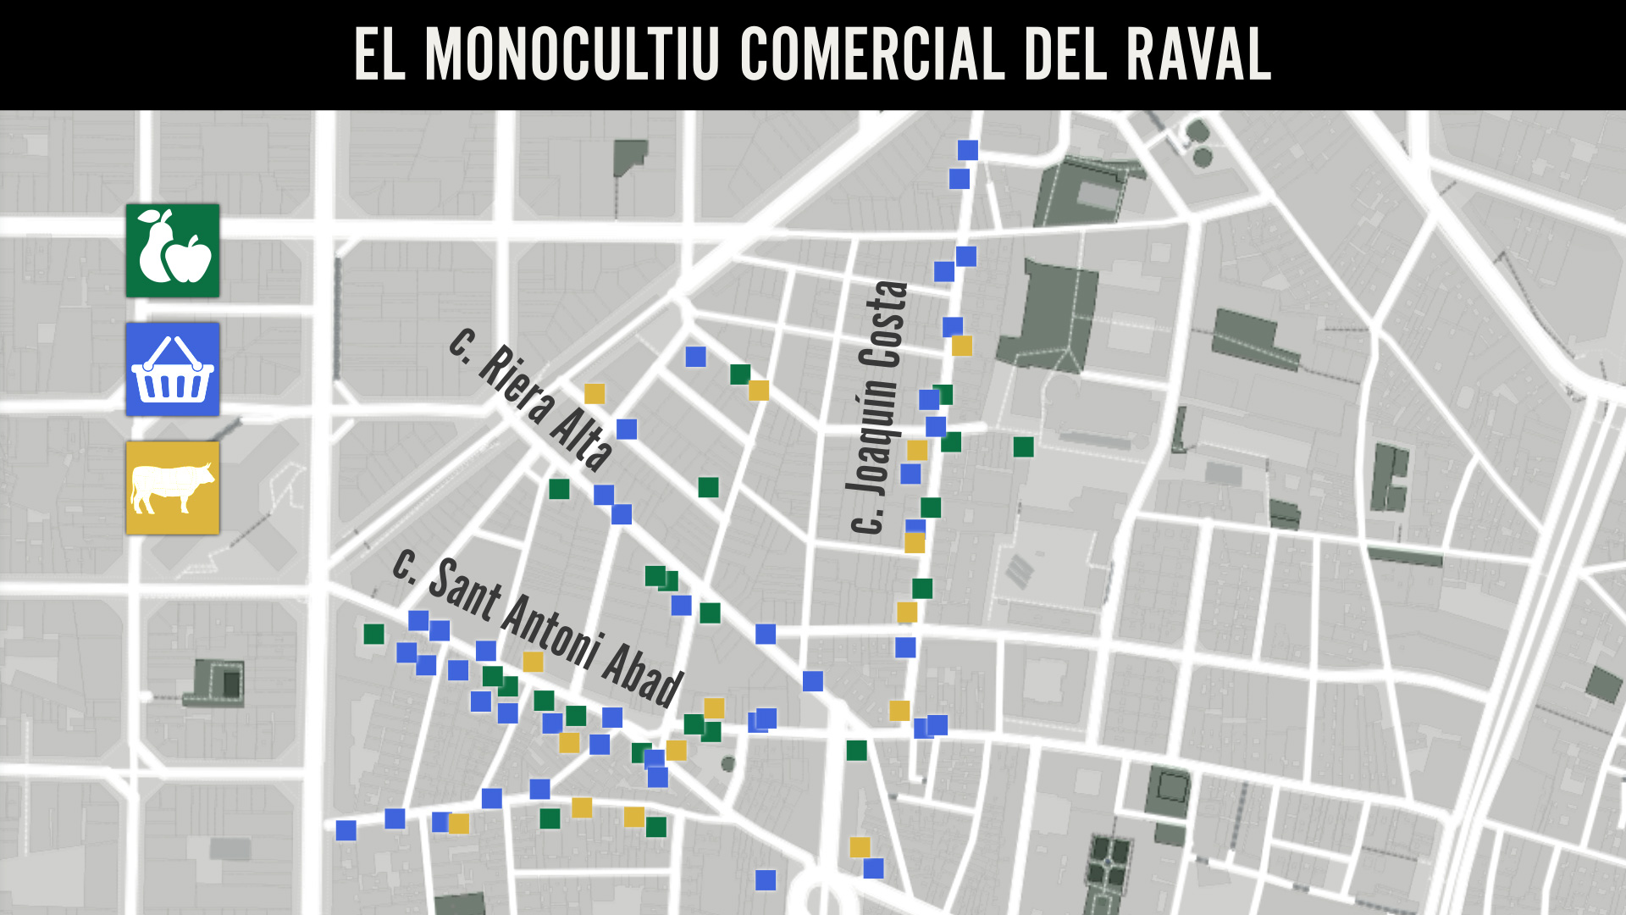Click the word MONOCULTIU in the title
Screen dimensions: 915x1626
coord(572,54)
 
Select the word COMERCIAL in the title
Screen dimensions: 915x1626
coord(873,54)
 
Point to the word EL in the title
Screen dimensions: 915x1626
coord(379,54)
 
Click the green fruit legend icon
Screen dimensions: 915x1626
coord(173,251)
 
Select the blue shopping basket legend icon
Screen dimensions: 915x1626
coord(173,369)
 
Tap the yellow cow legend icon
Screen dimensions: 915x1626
coord(173,488)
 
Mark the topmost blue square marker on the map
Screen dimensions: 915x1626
coord(968,150)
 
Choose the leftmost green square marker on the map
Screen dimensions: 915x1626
coord(373,634)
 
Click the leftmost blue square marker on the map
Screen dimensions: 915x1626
coord(346,830)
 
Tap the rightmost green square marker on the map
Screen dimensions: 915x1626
coord(1024,446)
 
